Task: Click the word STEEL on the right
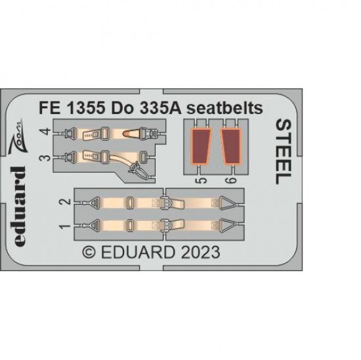coord(284,152)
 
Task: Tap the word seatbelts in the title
coord(224,108)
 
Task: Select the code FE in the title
coord(49,108)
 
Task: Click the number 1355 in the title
coord(85,108)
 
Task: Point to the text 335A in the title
coord(159,108)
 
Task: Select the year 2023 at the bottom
coord(200,252)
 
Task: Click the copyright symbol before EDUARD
coord(89,252)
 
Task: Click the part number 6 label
coord(232,180)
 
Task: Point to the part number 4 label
coord(47,131)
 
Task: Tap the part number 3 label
coord(47,158)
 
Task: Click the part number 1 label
coord(65,226)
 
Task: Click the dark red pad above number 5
coord(200,147)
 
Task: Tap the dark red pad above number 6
coord(231,147)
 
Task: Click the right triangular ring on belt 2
coord(227,203)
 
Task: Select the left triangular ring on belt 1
coord(95,226)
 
